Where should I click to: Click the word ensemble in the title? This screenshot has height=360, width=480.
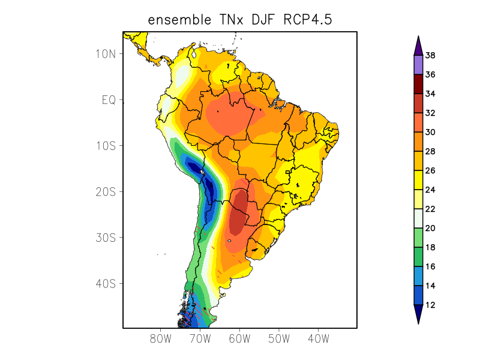click(177, 20)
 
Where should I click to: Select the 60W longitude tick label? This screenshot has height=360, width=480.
click(239, 338)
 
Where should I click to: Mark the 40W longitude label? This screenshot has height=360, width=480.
click(318, 338)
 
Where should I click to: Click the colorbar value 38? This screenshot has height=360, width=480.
click(430, 56)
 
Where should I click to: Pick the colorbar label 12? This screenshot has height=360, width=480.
click(430, 305)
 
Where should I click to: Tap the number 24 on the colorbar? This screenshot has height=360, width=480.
click(430, 190)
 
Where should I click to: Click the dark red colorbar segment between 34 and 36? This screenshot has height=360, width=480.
click(418, 85)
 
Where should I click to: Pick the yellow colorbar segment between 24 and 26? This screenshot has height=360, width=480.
click(418, 181)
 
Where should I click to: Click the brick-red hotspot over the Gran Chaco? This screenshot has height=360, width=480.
click(238, 216)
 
